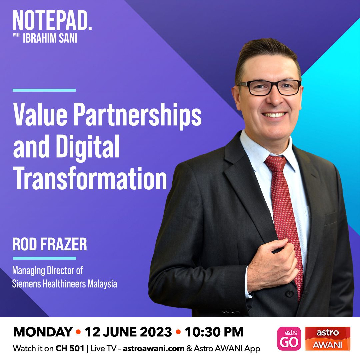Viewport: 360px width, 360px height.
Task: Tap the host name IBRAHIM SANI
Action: [50, 38]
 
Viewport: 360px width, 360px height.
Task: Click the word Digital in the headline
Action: [88, 147]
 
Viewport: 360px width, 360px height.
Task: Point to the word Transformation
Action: [90, 178]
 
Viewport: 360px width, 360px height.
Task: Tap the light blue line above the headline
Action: [44, 90]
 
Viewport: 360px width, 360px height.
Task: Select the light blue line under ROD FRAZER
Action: [44, 258]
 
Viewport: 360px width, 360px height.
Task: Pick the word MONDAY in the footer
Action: [43, 332]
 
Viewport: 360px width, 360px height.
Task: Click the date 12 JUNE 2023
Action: [128, 332]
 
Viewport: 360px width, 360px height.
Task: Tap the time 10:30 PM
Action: [214, 332]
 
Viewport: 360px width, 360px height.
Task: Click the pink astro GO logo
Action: [289, 339]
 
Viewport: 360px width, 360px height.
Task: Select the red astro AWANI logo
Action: [328, 339]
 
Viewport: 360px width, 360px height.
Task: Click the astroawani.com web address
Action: [154, 349]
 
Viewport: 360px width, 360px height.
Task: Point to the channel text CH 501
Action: [70, 349]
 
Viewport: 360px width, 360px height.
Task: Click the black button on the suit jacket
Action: [289, 293]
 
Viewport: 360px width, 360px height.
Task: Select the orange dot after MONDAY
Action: [79, 332]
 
